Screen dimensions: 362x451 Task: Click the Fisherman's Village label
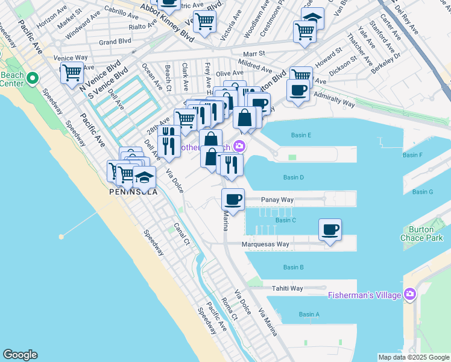[x=364, y=295]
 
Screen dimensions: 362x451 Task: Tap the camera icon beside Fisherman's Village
[x=410, y=294]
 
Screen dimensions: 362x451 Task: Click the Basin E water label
[x=300, y=135]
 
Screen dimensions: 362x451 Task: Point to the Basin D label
[x=293, y=177]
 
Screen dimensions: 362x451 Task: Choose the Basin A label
[x=309, y=314]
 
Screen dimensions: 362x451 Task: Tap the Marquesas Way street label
[x=265, y=244]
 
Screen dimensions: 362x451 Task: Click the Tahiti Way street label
[x=287, y=288]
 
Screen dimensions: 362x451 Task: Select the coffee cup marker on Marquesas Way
[x=330, y=230]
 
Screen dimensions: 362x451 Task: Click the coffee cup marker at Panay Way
[x=233, y=198]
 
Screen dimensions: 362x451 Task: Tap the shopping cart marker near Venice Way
[x=72, y=73]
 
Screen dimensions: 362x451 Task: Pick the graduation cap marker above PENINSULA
[x=144, y=177]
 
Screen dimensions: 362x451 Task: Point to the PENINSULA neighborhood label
[x=133, y=192]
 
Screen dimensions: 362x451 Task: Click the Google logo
[x=20, y=355]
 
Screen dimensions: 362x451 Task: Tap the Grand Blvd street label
[x=115, y=42]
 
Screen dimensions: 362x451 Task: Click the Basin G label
[x=423, y=192]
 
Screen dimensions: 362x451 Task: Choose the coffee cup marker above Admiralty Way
[x=298, y=91]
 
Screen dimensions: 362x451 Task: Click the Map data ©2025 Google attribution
[x=414, y=357]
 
